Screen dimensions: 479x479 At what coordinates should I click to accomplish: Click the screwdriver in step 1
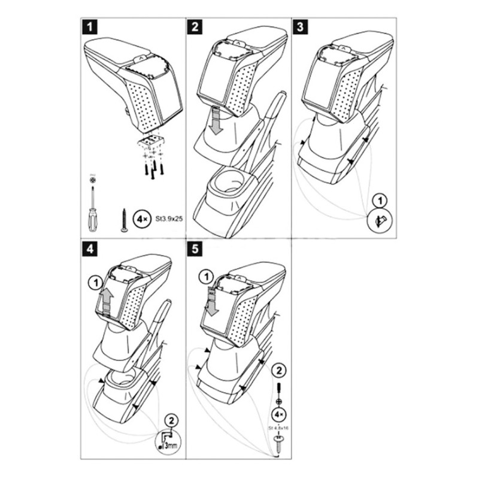[91, 204]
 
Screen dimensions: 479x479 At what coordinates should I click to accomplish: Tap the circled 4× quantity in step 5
[278, 413]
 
